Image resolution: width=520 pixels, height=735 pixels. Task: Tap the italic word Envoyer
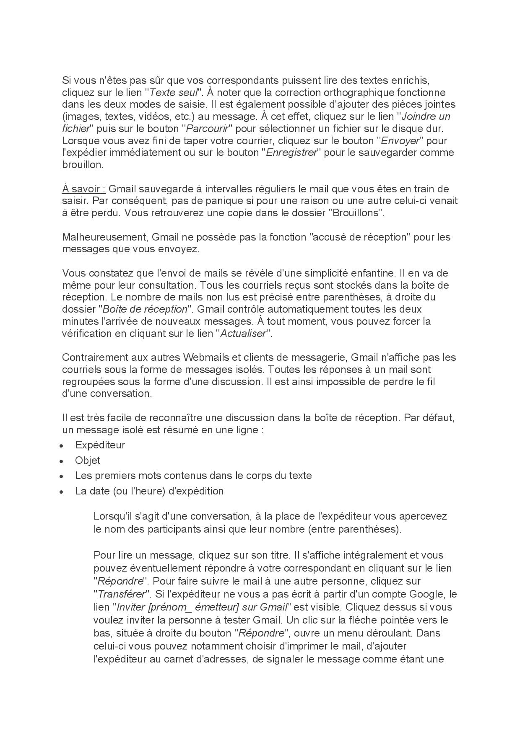pyautogui.click(x=402, y=140)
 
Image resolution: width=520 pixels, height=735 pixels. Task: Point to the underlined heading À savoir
pyautogui.click(x=83, y=189)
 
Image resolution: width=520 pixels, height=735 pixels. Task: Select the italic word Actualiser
pyautogui.click(x=243, y=334)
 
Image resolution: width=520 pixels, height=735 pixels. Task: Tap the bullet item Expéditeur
pyautogui.click(x=100, y=445)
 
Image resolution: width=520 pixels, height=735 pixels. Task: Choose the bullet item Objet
pyautogui.click(x=88, y=461)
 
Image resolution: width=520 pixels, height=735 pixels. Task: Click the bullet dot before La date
pyautogui.click(x=62, y=492)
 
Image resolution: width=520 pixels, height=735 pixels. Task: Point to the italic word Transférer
pyautogui.click(x=121, y=594)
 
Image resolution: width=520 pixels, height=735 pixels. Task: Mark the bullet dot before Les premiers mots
pyautogui.click(x=62, y=476)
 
